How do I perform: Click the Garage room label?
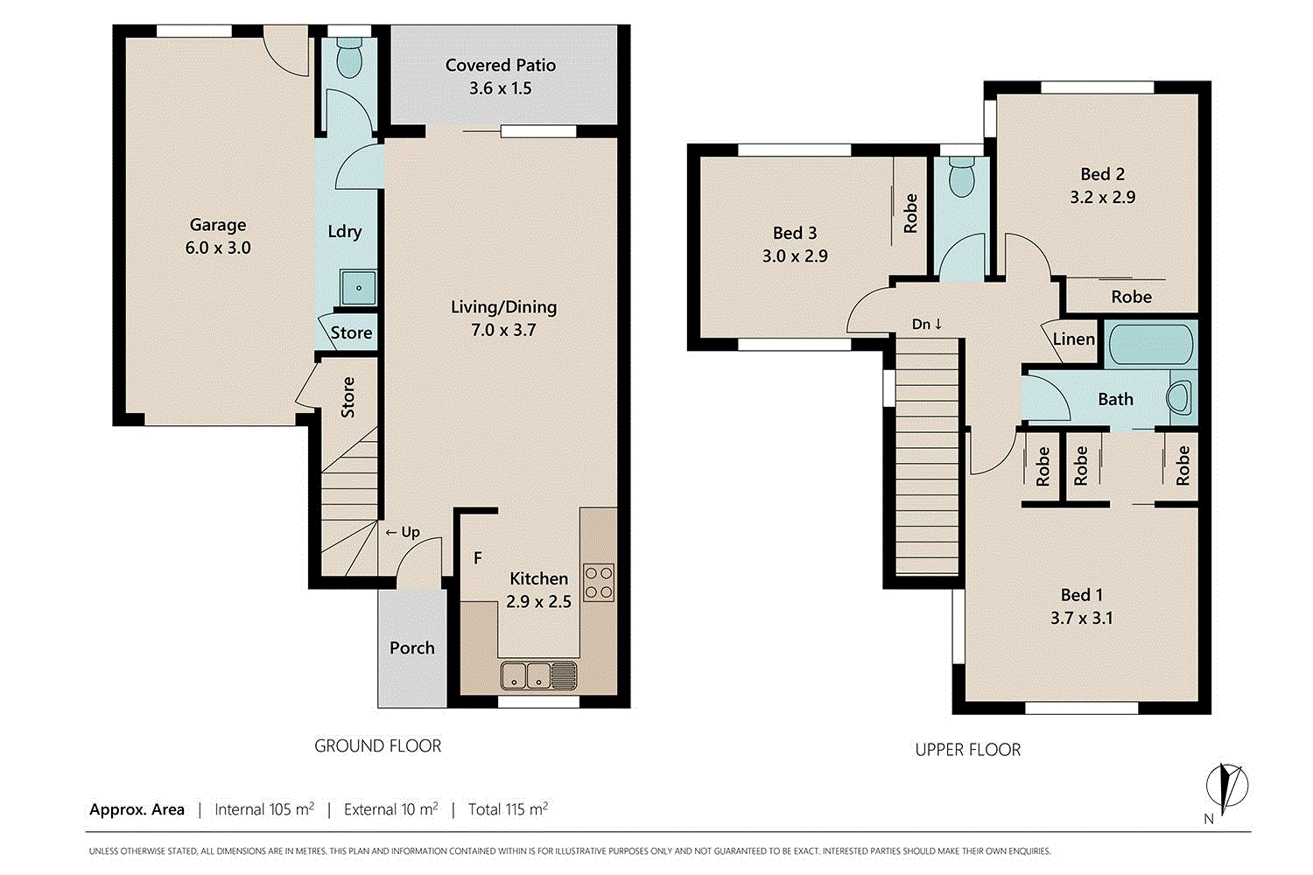click(x=218, y=225)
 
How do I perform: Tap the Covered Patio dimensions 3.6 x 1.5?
click(x=500, y=88)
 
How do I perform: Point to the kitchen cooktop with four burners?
click(x=599, y=583)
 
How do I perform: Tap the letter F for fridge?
click(x=478, y=558)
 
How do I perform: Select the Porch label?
click(x=411, y=648)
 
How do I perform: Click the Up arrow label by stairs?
click(x=403, y=532)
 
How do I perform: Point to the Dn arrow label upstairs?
click(x=927, y=325)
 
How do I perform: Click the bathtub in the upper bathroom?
click(x=1149, y=344)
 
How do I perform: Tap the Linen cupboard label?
click(x=1073, y=339)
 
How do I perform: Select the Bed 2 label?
click(x=1102, y=174)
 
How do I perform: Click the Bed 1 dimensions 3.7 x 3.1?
click(x=1081, y=619)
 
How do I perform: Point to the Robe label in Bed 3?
click(x=910, y=213)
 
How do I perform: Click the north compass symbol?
click(x=1226, y=785)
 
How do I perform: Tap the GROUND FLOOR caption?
click(x=377, y=746)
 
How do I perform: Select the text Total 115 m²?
click(x=508, y=809)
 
